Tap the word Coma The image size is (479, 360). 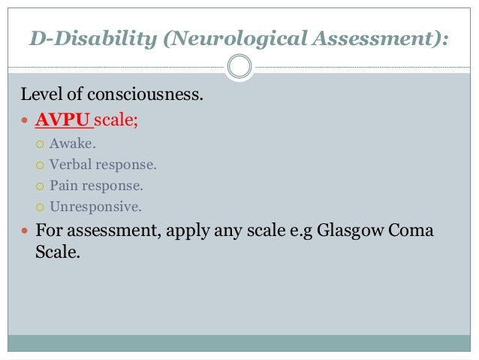point(412,230)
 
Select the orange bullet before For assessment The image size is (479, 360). point(25,231)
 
